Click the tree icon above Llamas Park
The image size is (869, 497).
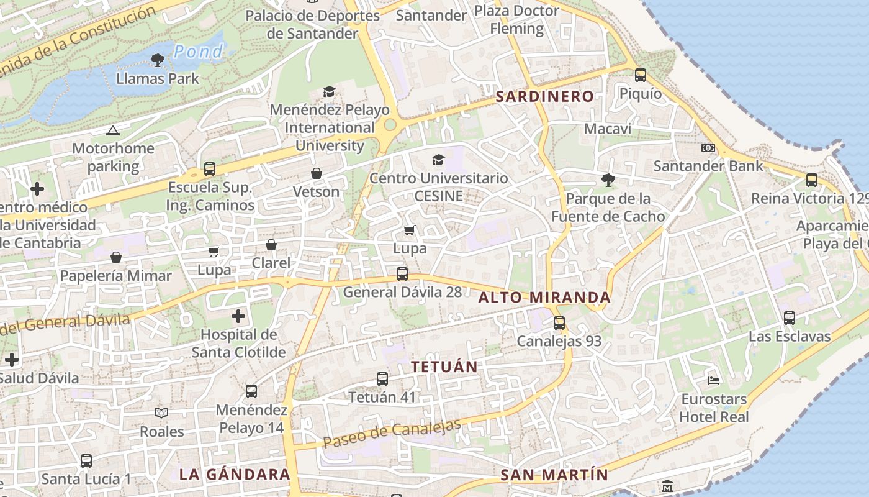(158, 60)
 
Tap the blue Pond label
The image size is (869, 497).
(198, 52)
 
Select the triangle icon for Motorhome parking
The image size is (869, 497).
(112, 130)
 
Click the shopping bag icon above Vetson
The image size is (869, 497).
(317, 173)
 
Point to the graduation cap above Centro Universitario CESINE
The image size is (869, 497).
(438, 160)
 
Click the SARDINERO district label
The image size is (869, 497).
(544, 96)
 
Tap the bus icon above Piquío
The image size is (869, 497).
(640, 75)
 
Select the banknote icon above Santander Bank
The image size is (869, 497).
(708, 148)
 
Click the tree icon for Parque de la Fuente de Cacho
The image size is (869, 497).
(608, 180)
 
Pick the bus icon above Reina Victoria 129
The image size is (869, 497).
(811, 180)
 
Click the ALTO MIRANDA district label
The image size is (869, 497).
(544, 298)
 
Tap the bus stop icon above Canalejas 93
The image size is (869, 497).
(559, 323)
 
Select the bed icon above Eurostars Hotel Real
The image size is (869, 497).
(714, 380)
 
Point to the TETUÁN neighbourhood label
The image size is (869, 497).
(444, 367)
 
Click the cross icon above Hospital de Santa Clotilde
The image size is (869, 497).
(238, 317)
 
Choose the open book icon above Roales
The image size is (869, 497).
(161, 413)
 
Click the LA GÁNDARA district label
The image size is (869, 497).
(235, 474)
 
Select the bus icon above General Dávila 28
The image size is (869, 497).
(402, 273)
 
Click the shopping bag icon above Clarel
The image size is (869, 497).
(271, 245)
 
